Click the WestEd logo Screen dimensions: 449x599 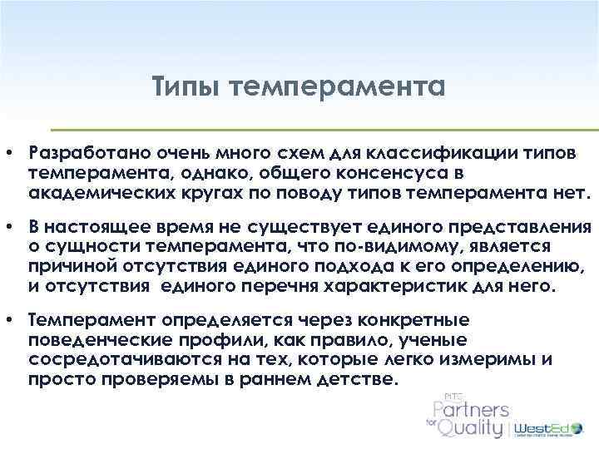point(549,428)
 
